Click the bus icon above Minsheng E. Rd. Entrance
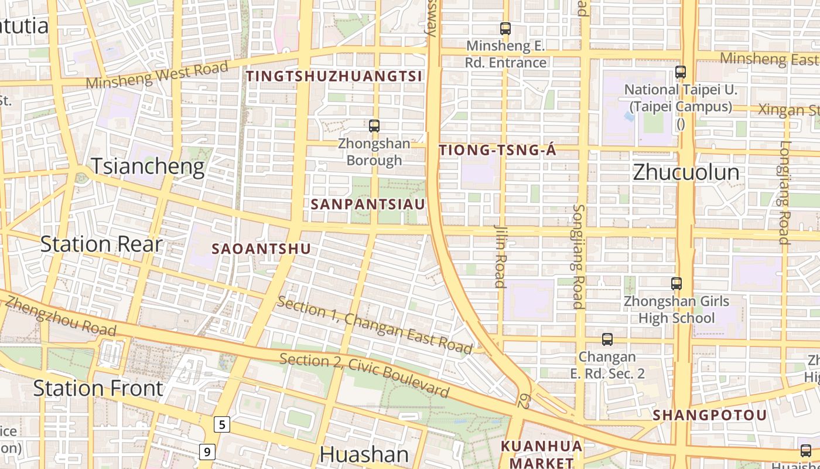(x=505, y=28)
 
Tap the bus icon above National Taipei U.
(x=680, y=72)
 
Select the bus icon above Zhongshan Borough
(x=374, y=125)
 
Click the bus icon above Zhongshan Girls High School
(x=676, y=284)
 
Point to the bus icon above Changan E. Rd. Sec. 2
(x=607, y=339)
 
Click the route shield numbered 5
(x=221, y=424)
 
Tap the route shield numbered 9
(x=207, y=452)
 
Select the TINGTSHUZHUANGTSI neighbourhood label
(x=334, y=76)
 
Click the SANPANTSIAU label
(x=368, y=204)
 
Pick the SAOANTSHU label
(x=261, y=249)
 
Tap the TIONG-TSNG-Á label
(x=497, y=151)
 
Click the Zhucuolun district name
(x=686, y=173)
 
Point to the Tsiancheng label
(x=148, y=167)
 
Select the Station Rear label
(x=101, y=244)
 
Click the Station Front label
(x=98, y=388)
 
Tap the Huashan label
(x=364, y=454)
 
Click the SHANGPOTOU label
(x=709, y=415)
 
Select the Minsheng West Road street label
(x=157, y=75)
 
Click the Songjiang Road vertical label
(x=578, y=256)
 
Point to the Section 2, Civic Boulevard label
(x=364, y=375)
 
